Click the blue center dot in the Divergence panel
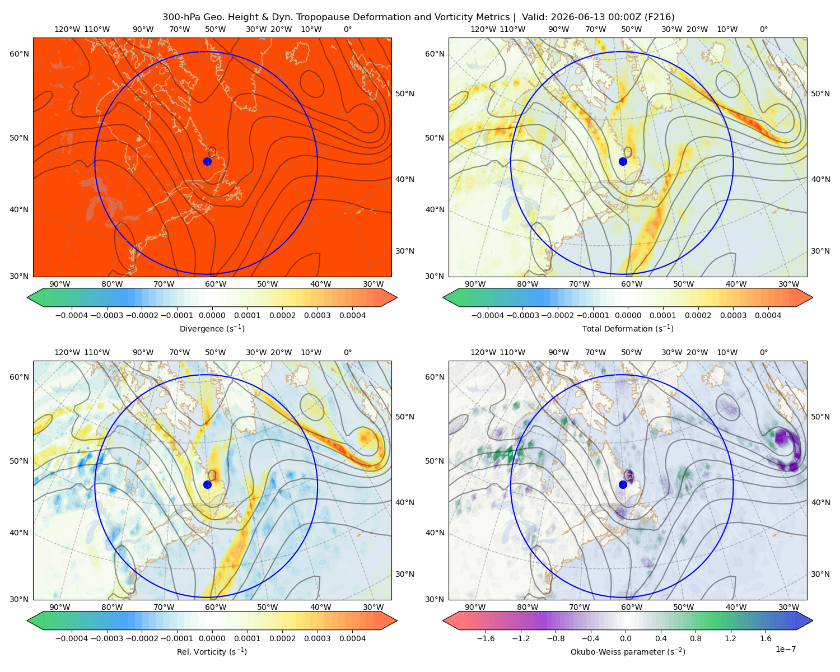pos(207,161)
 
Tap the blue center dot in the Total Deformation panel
pos(623,161)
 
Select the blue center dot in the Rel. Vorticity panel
pos(207,484)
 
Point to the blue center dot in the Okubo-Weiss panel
pos(623,484)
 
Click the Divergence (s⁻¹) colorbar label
pos(212,328)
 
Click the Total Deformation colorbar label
pos(628,328)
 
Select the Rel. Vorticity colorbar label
pos(212,651)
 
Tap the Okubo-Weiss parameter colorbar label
pos(628,651)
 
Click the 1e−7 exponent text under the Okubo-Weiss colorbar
pos(785,649)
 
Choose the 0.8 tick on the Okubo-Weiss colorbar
pos(695,638)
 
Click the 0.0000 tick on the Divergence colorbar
pos(212,315)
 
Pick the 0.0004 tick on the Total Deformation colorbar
pos(768,315)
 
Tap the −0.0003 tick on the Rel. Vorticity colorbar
pos(106,638)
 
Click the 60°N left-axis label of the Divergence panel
pos(19,54)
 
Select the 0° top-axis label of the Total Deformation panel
pos(763,29)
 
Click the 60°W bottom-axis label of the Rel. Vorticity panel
pos(216,607)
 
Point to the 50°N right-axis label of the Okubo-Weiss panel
pos(820,417)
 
